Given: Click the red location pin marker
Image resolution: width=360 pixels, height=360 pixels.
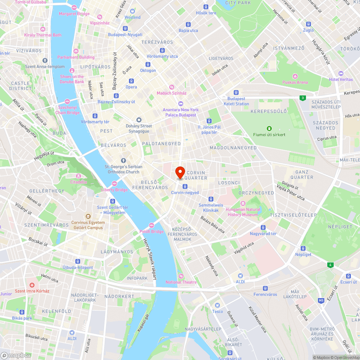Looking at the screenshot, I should pyautogui.click(x=180, y=172).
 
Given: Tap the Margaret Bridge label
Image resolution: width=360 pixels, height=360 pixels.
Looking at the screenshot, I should pyautogui.click(x=74, y=14).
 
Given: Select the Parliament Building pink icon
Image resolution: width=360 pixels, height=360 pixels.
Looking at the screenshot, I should pyautogui.click(x=76, y=51).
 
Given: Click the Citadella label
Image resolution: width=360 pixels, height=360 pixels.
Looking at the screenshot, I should pyautogui.click(x=78, y=182).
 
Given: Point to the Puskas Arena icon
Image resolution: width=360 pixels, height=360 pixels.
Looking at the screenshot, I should pyautogui.click(x=295, y=76).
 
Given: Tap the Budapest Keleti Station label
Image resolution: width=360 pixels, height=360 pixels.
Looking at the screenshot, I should pyautogui.click(x=236, y=101).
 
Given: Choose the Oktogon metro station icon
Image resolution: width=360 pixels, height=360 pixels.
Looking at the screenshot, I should pyautogui.click(x=148, y=64).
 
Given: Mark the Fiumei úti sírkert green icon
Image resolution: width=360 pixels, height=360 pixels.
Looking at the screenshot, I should pyautogui.click(x=269, y=129).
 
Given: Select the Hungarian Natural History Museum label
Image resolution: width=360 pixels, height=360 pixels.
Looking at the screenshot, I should pyautogui.click(x=243, y=212).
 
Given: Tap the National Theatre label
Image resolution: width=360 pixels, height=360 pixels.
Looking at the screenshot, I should pyautogui.click(x=181, y=282).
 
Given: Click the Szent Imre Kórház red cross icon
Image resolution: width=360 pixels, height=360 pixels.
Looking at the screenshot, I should pyautogui.click(x=32, y=285).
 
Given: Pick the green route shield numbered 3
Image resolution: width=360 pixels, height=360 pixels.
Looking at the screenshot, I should pyautogui.click(x=303, y=98).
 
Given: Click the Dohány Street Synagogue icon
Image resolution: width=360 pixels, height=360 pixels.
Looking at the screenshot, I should pyautogui.click(x=139, y=120).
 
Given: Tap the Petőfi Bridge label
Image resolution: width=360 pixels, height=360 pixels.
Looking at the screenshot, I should pyautogui.click(x=152, y=231).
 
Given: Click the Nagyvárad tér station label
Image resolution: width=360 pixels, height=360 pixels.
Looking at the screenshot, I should pyautogui.click(x=264, y=234).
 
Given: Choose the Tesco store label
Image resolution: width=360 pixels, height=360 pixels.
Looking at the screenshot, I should pyautogui.click(x=217, y=311).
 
